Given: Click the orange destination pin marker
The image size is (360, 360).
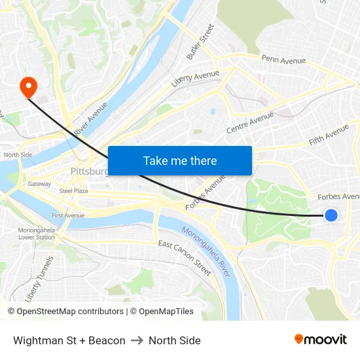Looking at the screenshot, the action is pyautogui.click(x=29, y=87).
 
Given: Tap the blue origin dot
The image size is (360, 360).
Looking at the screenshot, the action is pyautogui.click(x=331, y=215).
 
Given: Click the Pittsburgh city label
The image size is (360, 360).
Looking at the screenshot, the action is pyautogui.click(x=89, y=171).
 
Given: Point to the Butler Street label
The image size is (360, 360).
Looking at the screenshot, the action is pyautogui.click(x=200, y=43).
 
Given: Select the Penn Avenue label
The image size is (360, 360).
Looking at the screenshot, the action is pyautogui.click(x=283, y=60).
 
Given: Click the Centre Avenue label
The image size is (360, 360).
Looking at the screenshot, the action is pyautogui.click(x=249, y=122).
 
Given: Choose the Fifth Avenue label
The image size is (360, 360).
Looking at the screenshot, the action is pyautogui.click(x=329, y=135).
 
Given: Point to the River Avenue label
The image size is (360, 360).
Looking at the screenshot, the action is pyautogui.click(x=91, y=118).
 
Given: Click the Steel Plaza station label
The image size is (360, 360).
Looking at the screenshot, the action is pyautogui.click(x=73, y=191).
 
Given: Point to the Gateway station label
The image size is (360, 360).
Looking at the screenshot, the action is pyautogui.click(x=39, y=184).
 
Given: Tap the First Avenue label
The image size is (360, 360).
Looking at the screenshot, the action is pyautogui.click(x=68, y=215).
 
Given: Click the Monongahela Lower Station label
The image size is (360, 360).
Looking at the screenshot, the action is pyautogui.click(x=36, y=234).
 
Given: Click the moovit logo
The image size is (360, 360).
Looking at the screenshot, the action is pyautogui.click(x=320, y=340).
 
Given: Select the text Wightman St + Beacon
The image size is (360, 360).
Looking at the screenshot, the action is pyautogui.click(x=69, y=340).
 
